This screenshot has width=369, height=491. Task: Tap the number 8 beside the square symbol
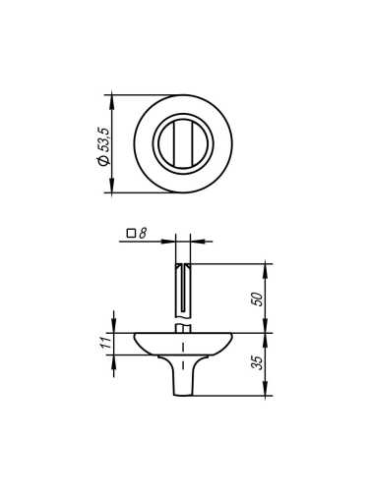[143, 234]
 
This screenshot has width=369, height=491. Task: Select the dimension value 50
[258, 299]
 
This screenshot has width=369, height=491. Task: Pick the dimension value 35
[258, 363]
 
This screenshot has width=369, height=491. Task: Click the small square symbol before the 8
[131, 234]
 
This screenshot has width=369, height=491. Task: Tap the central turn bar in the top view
[183, 143]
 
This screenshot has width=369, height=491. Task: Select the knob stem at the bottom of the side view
[183, 378]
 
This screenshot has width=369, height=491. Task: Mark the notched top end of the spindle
[182, 265]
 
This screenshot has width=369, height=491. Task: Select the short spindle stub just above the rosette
[182, 327]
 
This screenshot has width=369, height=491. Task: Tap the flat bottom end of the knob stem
[183, 395]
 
